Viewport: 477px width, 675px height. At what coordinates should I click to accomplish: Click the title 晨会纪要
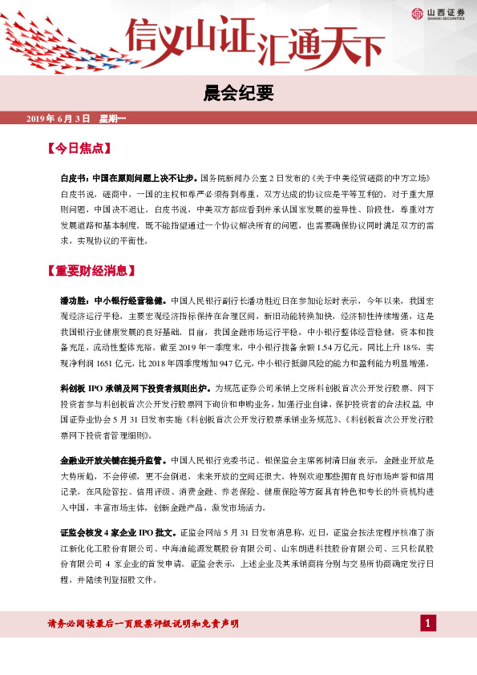238,94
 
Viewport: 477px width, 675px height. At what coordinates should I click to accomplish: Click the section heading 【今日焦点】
80,148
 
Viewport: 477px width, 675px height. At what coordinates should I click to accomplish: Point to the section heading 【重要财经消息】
91,270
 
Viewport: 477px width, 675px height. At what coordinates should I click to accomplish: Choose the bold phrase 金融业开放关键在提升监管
113,461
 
